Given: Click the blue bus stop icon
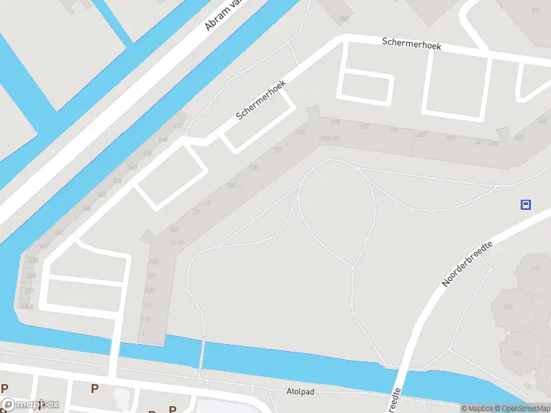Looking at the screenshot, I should tap(526, 204).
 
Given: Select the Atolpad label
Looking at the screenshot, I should tap(300, 392).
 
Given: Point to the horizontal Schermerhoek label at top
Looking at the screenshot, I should tap(411, 43).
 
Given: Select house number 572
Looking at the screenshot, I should tap(178, 126).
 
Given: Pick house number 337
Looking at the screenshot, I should tap(422, 134).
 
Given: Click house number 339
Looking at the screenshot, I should tap(450, 138).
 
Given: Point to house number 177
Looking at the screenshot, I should tap(364, 127).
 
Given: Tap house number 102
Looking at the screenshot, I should tap(153, 262).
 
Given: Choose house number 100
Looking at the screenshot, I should tap(149, 290).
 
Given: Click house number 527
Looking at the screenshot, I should tap(30, 291).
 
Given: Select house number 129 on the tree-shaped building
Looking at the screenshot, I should tap(508, 307).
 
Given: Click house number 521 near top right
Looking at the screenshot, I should tap(536, 11).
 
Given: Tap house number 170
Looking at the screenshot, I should tap(253, 168).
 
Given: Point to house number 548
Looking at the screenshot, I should tap(86, 208).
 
